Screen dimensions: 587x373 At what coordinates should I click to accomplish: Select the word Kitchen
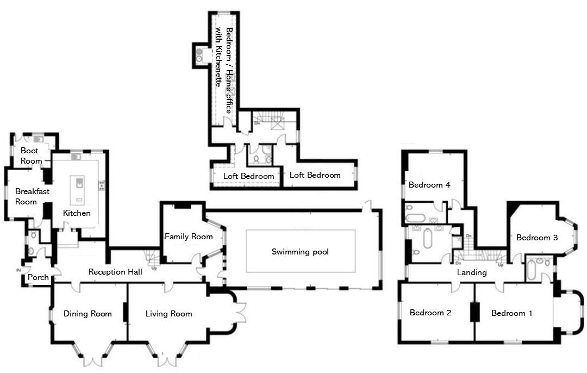[x=77, y=213]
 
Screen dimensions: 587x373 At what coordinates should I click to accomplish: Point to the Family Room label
[x=189, y=237]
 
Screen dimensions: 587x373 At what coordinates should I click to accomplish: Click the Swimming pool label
[x=300, y=252]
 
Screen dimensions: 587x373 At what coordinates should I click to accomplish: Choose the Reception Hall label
[x=115, y=272]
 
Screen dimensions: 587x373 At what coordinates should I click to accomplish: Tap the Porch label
[x=39, y=277]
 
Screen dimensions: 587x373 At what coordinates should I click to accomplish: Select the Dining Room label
[x=88, y=314]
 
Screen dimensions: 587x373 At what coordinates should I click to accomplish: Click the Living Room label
[x=168, y=314]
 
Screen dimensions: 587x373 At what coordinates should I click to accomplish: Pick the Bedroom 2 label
[x=430, y=313]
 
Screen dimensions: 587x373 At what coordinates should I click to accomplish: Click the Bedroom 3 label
[x=537, y=238]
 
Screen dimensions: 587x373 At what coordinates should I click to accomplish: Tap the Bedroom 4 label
[x=429, y=185]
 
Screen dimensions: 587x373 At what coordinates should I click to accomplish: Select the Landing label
[x=471, y=272]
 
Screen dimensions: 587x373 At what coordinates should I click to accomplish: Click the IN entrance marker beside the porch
[x=18, y=270]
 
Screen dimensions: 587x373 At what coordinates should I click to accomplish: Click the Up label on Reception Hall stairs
[x=154, y=268]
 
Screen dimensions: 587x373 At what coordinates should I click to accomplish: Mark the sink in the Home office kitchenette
[x=199, y=54]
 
